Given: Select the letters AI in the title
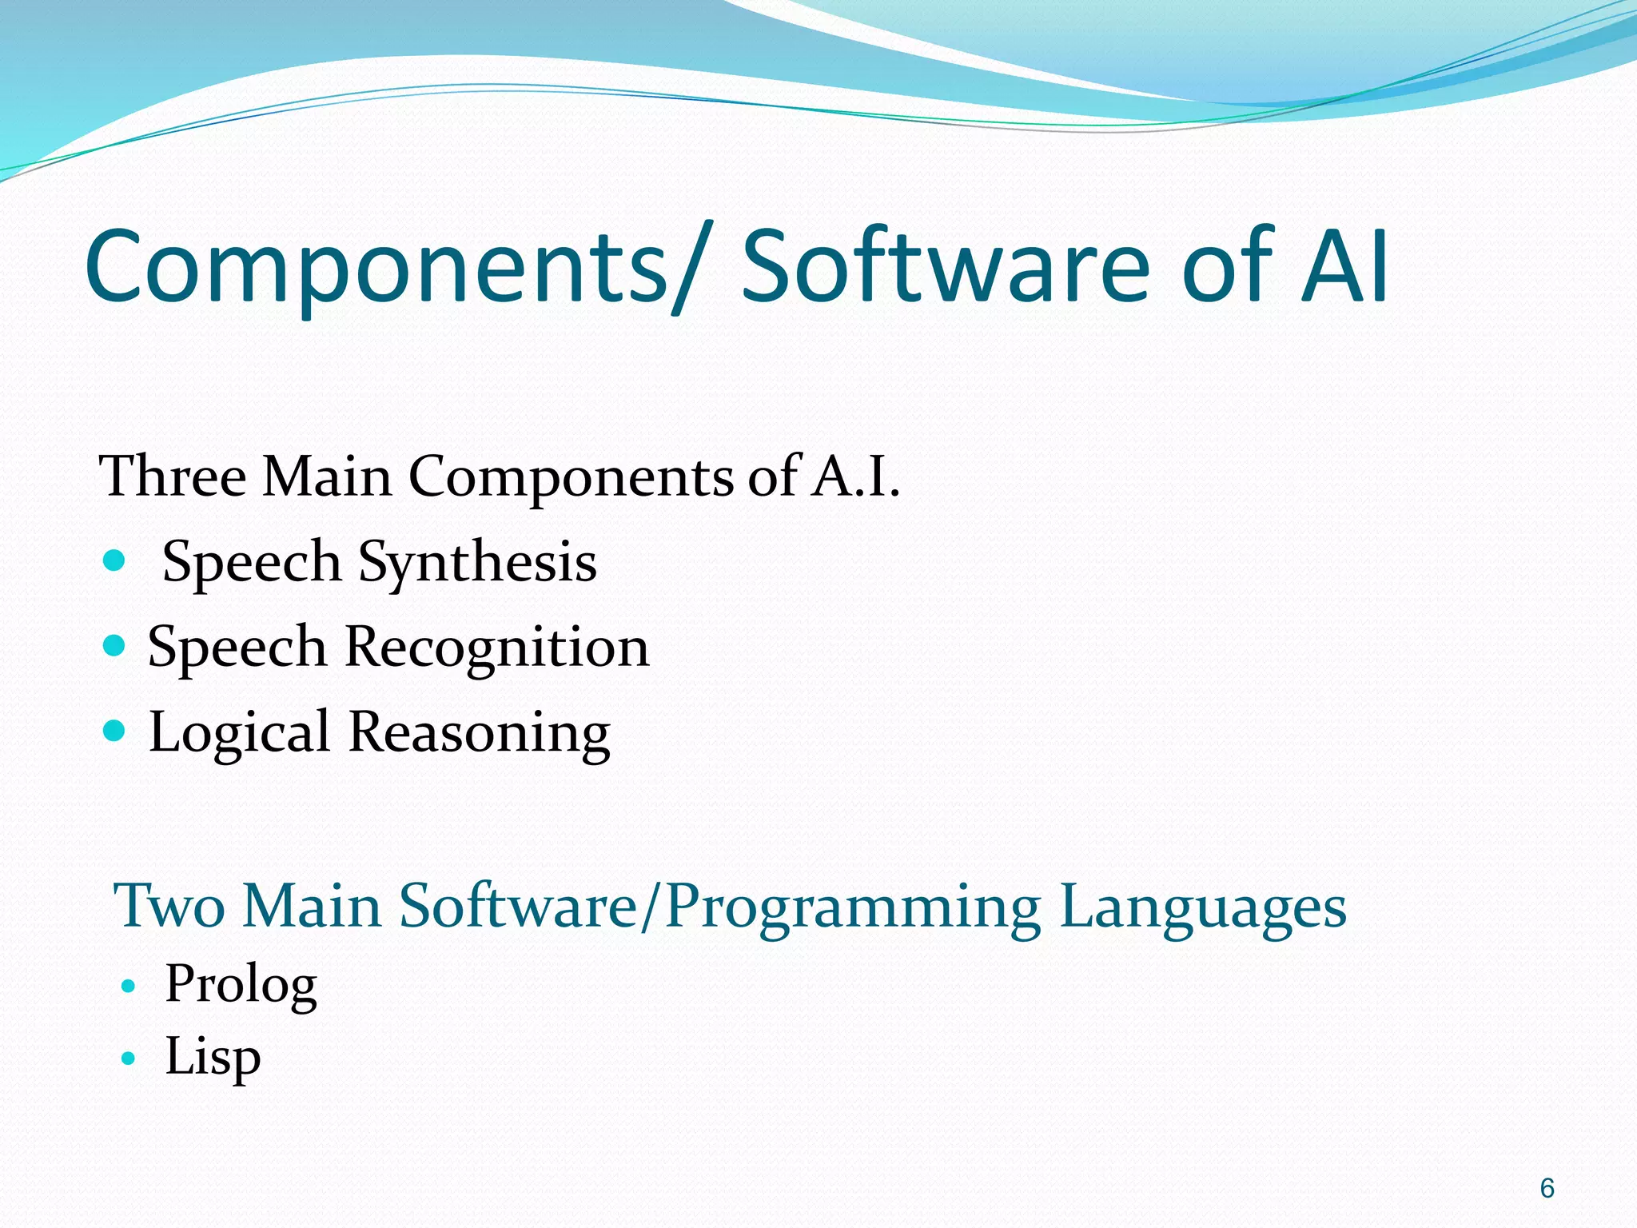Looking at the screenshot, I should tap(1344, 268).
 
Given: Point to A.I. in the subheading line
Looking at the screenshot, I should tap(855, 476).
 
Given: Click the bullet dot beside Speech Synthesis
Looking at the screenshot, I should tap(115, 560).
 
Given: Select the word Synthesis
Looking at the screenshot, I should tap(477, 563).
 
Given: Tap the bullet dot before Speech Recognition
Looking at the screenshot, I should tap(115, 645).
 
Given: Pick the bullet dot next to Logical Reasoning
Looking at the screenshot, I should tap(115, 730).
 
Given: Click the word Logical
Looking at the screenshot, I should tap(239, 733).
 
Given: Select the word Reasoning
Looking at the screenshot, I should tap(480, 733).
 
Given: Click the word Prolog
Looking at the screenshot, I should tap(241, 985).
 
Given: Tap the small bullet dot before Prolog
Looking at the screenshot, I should tap(128, 987).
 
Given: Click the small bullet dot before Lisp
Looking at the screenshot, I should tap(128, 1059).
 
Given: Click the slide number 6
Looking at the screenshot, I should tap(1547, 1189).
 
